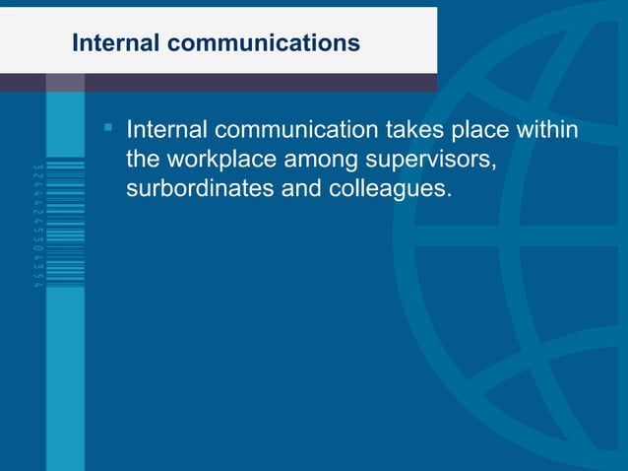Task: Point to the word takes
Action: (417, 130)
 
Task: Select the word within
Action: (548, 130)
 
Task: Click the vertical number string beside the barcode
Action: (37, 225)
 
